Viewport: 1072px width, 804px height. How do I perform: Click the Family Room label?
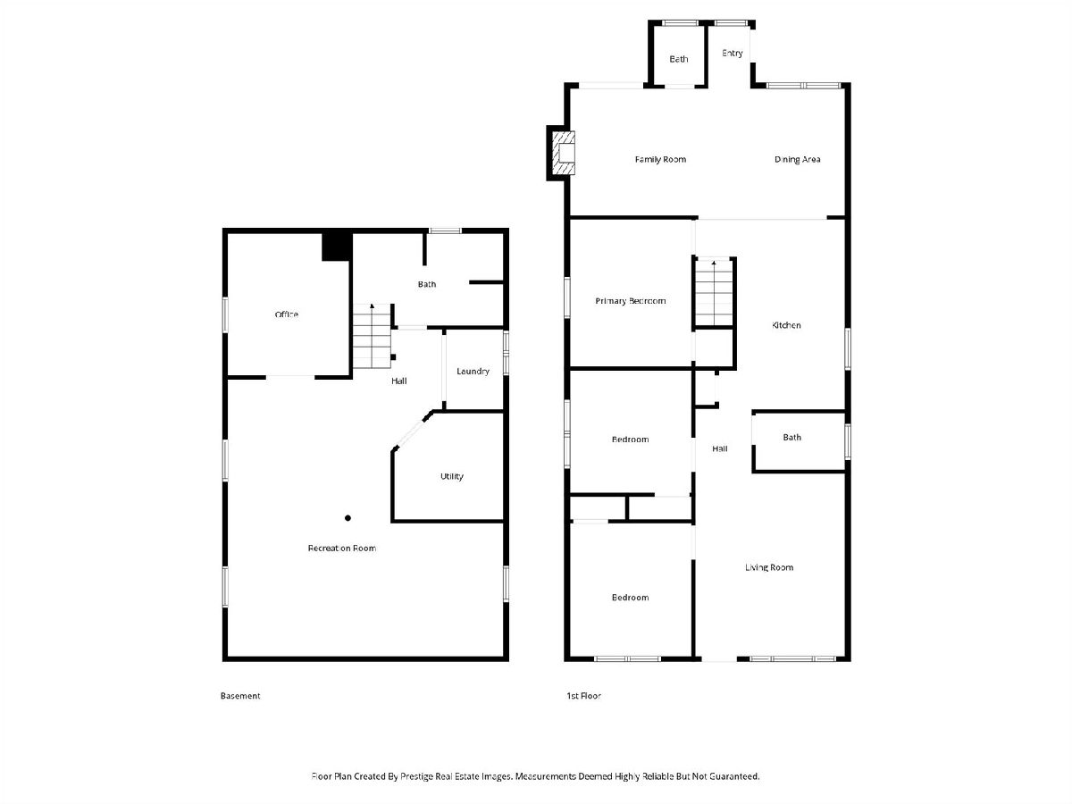click(x=660, y=159)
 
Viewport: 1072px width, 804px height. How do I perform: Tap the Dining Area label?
click(x=797, y=159)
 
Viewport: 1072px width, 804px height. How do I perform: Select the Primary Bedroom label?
click(x=630, y=301)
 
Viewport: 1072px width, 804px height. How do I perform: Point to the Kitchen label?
click(x=786, y=325)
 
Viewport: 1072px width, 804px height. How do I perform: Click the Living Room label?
click(x=769, y=567)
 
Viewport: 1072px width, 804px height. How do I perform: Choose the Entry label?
click(x=732, y=53)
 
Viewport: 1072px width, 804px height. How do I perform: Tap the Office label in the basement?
click(x=286, y=314)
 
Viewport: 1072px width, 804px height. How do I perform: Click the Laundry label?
click(x=473, y=372)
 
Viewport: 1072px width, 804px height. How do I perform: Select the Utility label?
click(x=452, y=476)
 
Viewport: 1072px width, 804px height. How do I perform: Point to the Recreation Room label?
click(x=342, y=549)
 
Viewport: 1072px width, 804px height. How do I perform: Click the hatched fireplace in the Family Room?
click(x=563, y=153)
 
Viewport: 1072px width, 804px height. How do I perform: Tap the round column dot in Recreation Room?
click(x=348, y=518)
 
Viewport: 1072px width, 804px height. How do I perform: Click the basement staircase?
click(x=372, y=336)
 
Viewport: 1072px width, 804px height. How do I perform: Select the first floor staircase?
click(x=714, y=292)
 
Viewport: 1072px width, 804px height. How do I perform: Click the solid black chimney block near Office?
click(x=337, y=247)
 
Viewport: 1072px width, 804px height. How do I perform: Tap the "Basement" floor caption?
click(x=240, y=696)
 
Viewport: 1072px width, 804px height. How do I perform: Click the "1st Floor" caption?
click(x=583, y=696)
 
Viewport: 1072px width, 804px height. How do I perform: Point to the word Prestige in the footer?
click(x=417, y=776)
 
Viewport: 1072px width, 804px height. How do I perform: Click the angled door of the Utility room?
click(x=412, y=431)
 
